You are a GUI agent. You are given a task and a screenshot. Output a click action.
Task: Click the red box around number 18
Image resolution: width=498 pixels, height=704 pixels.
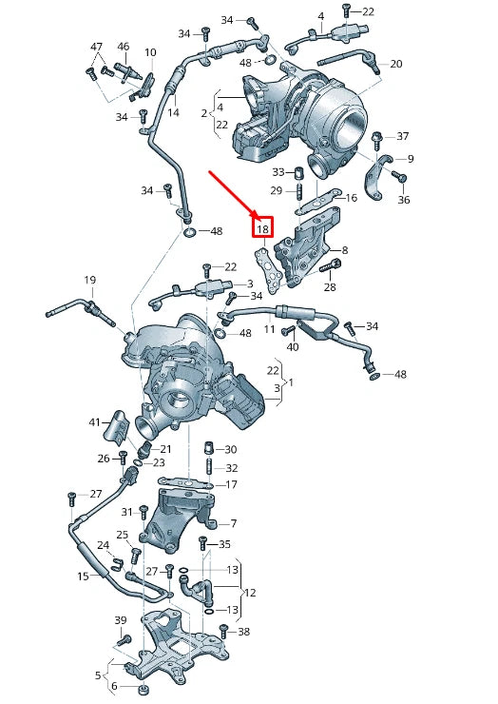263,228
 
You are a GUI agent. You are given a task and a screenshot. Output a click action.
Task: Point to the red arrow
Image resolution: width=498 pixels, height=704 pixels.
234,195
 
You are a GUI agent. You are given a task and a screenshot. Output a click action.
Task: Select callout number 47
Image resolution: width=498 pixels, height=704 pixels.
96,47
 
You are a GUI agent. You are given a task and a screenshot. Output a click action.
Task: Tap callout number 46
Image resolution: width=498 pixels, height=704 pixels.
123,47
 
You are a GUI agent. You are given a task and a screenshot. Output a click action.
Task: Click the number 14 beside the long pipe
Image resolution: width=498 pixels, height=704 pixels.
173,112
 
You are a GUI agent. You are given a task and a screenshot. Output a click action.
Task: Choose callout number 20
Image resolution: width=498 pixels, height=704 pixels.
395,64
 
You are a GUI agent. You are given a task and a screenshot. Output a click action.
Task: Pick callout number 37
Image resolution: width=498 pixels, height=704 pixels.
403,136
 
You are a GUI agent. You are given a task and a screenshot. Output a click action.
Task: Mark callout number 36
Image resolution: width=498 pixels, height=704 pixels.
403,200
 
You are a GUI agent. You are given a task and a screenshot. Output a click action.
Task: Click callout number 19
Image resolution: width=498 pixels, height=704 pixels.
89,280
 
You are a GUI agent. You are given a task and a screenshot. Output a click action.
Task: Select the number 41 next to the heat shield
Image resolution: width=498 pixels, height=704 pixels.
94,421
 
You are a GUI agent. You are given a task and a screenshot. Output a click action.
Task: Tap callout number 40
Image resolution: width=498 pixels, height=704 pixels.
293,347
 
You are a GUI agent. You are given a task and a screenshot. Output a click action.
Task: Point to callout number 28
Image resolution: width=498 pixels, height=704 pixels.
330,286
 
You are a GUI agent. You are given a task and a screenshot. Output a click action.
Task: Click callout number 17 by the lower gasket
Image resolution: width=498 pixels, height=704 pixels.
231,484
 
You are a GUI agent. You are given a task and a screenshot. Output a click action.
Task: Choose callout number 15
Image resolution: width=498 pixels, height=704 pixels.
83,577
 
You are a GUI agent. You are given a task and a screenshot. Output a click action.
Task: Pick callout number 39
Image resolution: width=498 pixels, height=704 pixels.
121,620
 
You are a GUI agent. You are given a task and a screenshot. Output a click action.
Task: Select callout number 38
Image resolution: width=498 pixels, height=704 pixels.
244,632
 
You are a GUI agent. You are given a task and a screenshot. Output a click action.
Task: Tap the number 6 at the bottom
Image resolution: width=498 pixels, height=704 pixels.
114,686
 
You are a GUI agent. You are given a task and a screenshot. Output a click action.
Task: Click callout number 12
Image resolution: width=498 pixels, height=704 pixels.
250,592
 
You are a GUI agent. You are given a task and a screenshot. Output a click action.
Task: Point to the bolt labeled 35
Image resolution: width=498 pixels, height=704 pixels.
202,546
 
